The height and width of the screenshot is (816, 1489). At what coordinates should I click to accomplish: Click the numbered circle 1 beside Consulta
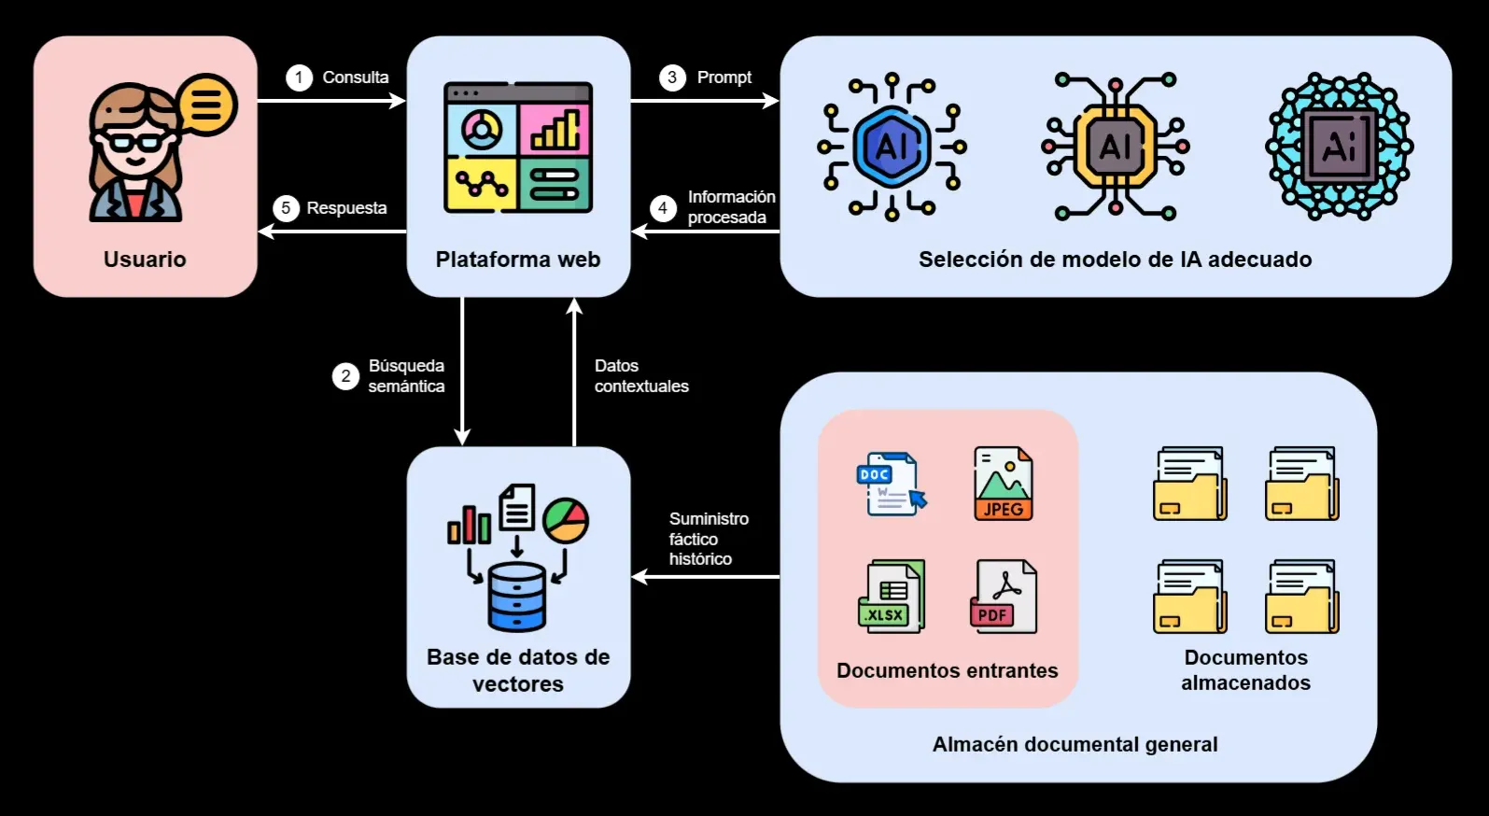point(299,77)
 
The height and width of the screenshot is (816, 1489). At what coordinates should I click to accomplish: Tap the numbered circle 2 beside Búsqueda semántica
point(345,376)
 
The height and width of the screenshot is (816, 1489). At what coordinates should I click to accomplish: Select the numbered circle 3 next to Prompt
point(672,77)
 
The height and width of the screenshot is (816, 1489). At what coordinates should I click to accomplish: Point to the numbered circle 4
point(663,207)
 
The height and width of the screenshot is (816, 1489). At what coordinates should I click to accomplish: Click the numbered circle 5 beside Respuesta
point(286,208)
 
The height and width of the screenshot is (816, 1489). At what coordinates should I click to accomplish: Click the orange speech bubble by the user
point(206,104)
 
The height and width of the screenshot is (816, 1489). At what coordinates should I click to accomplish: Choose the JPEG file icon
point(1003,483)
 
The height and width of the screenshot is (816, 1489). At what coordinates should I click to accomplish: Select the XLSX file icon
point(892,597)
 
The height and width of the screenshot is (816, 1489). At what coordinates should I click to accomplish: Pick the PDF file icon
point(1003,597)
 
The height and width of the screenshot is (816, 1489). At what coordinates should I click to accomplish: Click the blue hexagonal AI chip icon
point(892,147)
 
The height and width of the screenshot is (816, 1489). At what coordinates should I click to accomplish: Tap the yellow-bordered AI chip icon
point(1115,147)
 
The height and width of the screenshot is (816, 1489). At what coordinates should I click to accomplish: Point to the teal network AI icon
point(1339,147)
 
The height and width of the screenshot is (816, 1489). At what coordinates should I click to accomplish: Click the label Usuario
point(145,260)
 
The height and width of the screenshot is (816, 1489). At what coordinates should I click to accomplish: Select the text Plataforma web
point(518,260)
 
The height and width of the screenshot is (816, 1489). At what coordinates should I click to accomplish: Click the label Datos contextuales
point(641,376)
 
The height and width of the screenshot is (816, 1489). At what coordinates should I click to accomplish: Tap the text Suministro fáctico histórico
point(709,539)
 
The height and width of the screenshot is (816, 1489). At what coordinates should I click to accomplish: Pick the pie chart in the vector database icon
point(566,521)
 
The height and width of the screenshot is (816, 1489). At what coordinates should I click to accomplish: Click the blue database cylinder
point(517,597)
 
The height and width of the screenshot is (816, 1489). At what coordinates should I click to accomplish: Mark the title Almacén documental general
point(1075,744)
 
